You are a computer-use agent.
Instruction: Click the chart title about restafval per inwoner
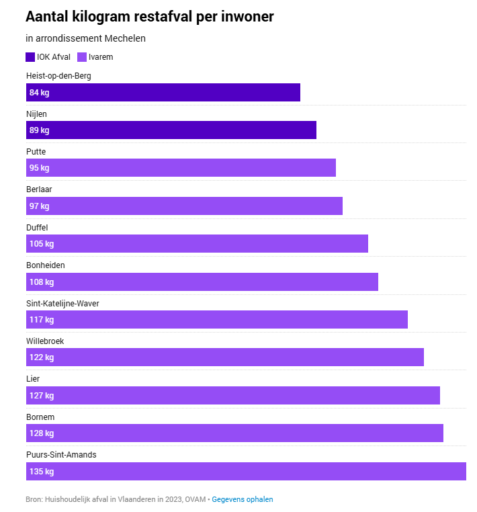(150, 17)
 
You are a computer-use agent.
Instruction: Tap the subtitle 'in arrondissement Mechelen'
(85, 38)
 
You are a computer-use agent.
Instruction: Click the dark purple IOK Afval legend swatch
(30, 57)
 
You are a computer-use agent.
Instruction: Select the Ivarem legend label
(101, 57)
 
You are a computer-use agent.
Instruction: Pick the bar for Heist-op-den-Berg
(163, 92)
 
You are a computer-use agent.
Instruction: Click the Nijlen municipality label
(36, 114)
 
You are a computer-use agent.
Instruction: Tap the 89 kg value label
(39, 130)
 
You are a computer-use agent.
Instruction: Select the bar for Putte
(181, 168)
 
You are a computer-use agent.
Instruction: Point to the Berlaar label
(39, 189)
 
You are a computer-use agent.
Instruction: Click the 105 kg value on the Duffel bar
(42, 244)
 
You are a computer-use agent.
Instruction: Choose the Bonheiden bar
(202, 282)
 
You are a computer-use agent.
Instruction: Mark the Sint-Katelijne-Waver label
(62, 303)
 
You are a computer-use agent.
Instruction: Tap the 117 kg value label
(42, 320)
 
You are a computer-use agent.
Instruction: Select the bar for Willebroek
(225, 357)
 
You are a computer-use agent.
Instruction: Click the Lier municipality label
(33, 379)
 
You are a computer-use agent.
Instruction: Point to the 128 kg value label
(42, 433)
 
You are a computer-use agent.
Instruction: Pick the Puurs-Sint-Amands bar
(246, 471)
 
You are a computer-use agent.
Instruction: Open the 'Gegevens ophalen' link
(243, 499)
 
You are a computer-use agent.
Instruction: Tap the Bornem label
(40, 417)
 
